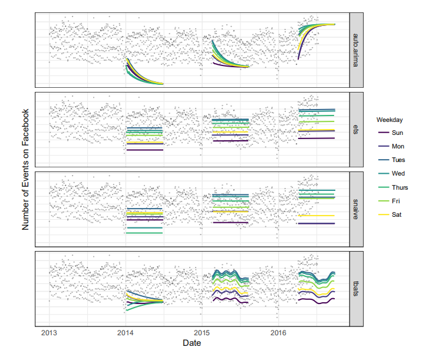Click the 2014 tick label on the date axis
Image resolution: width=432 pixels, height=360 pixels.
[125, 333]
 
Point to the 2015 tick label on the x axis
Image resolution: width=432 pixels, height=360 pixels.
[202, 333]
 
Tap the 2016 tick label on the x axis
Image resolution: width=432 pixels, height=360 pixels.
[279, 333]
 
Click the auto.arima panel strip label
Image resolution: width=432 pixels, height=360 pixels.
[355, 49]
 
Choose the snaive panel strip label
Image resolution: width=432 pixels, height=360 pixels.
[355, 209]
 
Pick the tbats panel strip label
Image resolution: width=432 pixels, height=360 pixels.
[355, 288]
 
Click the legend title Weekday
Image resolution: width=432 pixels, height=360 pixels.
[390, 120]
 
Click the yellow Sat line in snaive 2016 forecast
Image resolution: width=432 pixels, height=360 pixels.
[316, 216]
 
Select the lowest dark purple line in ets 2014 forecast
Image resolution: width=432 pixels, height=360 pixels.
[144, 150]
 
